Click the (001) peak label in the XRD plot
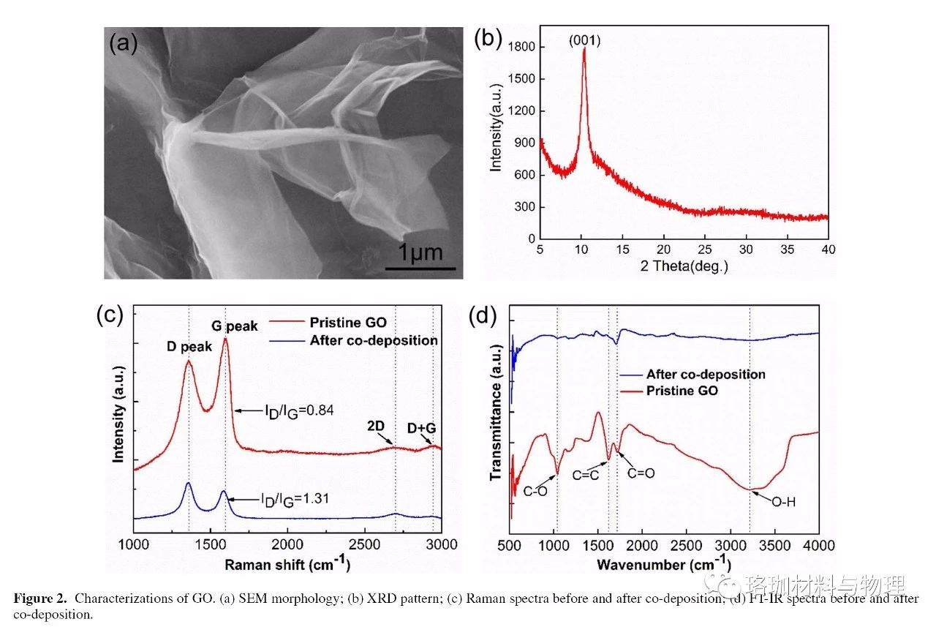point(584,42)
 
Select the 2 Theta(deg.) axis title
point(685,266)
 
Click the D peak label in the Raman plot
point(189,348)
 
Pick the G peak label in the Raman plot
point(235,326)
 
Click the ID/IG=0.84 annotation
point(299,410)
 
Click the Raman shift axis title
point(287,564)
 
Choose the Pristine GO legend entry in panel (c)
point(347,323)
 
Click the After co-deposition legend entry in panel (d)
point(706,374)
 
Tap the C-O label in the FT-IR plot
point(535,492)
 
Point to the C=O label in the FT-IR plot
point(641,473)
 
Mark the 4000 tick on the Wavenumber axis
point(818,545)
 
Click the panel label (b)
point(488,39)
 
